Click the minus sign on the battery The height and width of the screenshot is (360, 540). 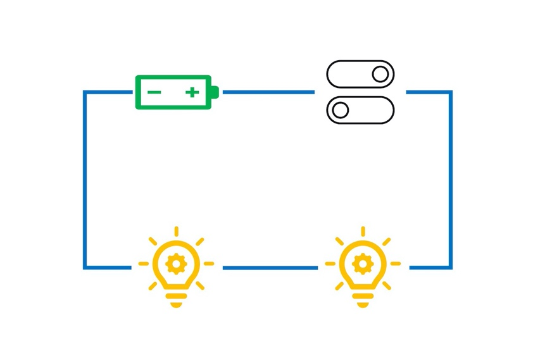pos(154,92)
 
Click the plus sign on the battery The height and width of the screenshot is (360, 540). pos(192,92)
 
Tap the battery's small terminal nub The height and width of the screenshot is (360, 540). pos(215,92)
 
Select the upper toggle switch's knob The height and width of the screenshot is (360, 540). pos(380,74)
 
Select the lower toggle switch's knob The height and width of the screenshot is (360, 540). pos(341,110)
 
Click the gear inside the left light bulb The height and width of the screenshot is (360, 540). pos(175,263)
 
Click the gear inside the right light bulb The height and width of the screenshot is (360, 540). pos(362,263)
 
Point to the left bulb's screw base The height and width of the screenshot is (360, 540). pos(176,298)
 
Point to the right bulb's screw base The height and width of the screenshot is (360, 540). pos(363,298)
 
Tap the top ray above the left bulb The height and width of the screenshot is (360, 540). pos(176,231)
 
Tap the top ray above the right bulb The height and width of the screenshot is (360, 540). pos(363,231)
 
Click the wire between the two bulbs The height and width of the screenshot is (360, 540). pos(270,268)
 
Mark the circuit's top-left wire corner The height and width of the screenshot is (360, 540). pos(85,92)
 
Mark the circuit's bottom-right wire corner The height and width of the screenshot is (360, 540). pos(451,268)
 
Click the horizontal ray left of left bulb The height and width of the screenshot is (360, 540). pos(144,263)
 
